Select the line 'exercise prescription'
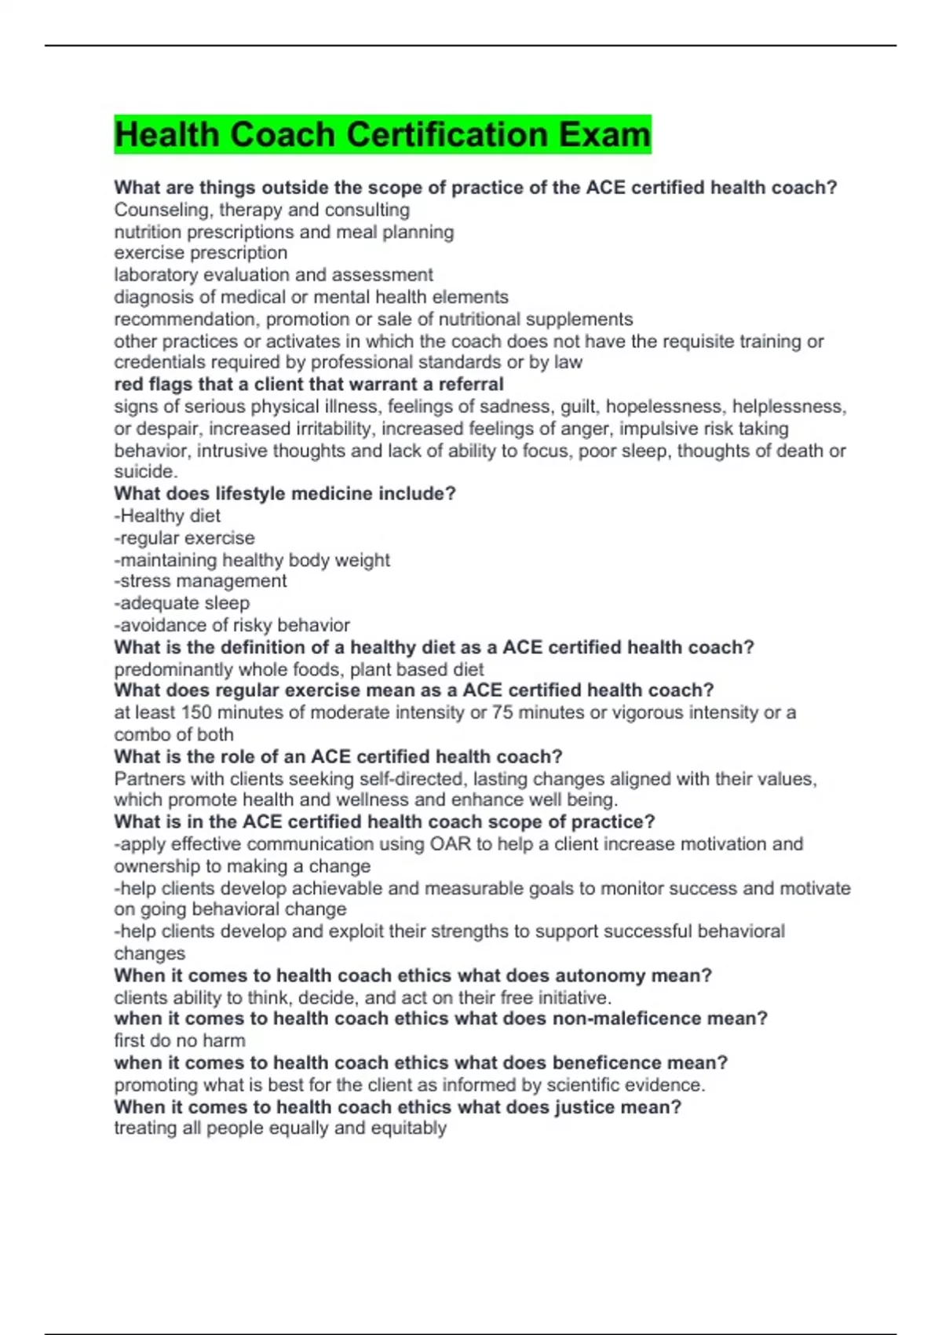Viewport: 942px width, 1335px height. [x=200, y=253]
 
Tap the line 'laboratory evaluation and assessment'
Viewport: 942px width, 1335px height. [x=273, y=275]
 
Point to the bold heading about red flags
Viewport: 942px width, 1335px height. [x=309, y=385]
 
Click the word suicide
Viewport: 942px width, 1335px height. [x=144, y=472]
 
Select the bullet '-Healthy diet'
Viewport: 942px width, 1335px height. [x=167, y=516]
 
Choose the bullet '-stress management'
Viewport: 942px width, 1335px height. [x=200, y=581]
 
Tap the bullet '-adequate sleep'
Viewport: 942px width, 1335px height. [x=181, y=603]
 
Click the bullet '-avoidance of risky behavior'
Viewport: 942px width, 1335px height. [x=232, y=625]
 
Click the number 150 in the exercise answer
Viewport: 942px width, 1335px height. [x=196, y=712]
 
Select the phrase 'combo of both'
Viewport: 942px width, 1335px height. [x=173, y=735]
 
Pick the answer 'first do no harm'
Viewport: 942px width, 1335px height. [x=179, y=1041]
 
